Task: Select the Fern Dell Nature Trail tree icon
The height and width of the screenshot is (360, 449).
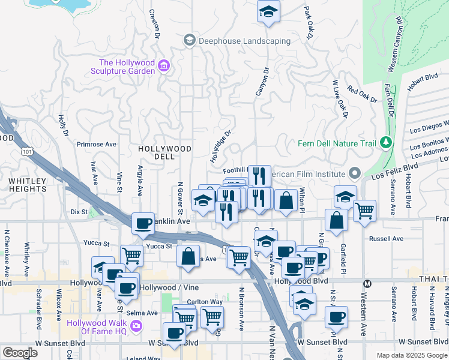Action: click(x=387, y=143)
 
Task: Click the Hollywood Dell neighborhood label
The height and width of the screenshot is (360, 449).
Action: click(x=164, y=152)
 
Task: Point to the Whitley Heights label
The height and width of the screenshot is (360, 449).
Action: click(x=27, y=185)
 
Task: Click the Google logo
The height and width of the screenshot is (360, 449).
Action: click(x=20, y=353)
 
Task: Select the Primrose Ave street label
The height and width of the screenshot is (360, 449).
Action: click(x=96, y=144)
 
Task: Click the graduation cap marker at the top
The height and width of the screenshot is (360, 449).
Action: click(x=268, y=11)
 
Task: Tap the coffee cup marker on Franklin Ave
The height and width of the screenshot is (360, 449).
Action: click(x=143, y=223)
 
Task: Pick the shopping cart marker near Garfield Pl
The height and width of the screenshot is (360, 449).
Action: click(x=364, y=211)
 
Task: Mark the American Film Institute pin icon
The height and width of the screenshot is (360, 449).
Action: click(x=355, y=174)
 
